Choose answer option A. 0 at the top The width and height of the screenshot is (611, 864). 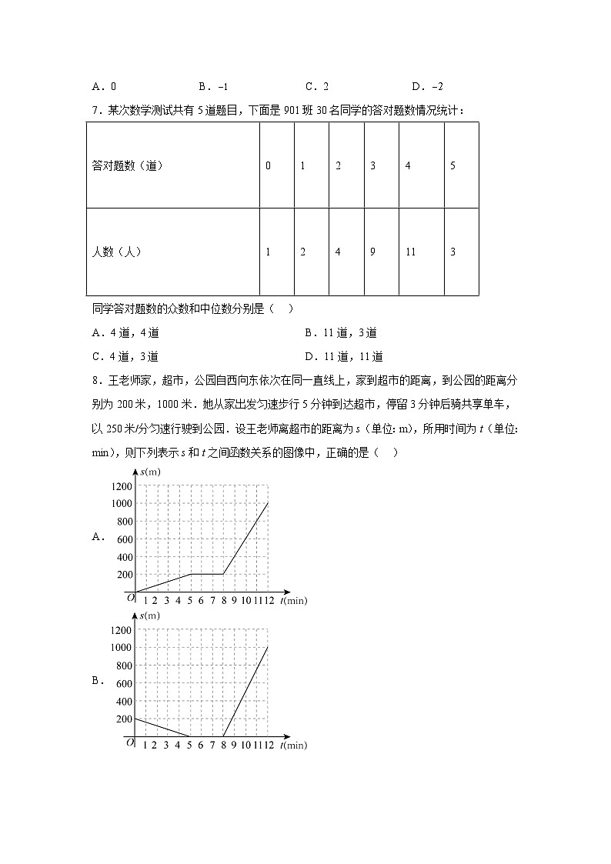[103, 87]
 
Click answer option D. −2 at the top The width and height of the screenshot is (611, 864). [427, 87]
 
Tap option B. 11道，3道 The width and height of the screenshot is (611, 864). [340, 333]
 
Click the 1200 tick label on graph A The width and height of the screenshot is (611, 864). [121, 486]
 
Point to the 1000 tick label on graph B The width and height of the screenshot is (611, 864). [121, 648]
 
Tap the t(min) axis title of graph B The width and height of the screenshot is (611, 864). [293, 745]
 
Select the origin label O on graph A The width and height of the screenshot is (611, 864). [130, 596]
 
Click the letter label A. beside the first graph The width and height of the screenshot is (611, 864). [98, 538]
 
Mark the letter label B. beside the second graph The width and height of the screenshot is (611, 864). [98, 680]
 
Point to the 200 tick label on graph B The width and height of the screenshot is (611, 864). [123, 719]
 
